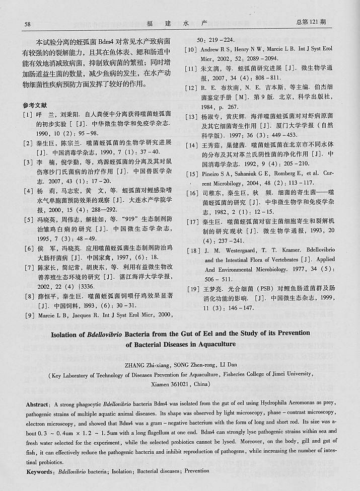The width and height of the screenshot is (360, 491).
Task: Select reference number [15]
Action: point(191,174)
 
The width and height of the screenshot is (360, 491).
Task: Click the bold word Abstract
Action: point(38,404)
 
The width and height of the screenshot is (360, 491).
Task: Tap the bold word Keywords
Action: point(40,471)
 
